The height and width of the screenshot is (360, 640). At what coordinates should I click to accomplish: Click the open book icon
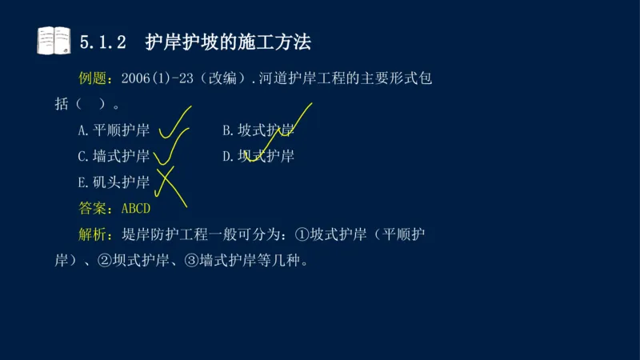[54, 41]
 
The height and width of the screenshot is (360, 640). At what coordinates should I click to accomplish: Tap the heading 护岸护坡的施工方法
[228, 42]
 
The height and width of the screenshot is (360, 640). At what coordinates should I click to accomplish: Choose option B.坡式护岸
[258, 130]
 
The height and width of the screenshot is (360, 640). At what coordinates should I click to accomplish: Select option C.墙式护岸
[114, 156]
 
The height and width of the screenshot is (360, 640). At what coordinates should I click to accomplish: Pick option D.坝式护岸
[258, 156]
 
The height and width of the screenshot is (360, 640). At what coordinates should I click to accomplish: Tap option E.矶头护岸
[114, 182]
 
